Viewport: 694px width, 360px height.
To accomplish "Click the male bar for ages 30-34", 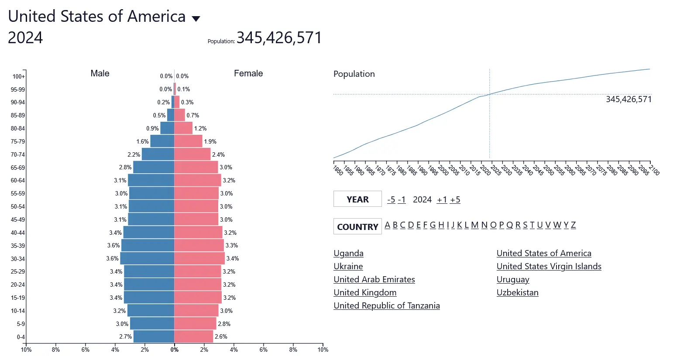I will [147, 258].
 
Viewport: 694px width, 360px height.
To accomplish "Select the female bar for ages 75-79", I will [188, 141].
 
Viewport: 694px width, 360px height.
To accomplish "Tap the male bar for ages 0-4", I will [154, 336].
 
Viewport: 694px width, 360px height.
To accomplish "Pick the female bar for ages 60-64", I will [197, 180].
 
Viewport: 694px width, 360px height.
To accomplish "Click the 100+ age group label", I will [19, 76].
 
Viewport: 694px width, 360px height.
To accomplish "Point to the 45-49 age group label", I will [18, 219].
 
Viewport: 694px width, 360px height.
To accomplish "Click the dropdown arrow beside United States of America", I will [196, 19].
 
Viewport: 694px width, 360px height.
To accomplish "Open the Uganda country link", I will [348, 253].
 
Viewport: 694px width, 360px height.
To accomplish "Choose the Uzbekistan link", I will [517, 292].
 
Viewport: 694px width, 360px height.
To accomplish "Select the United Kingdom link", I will [365, 292].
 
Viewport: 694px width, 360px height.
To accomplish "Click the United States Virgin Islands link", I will [549, 266].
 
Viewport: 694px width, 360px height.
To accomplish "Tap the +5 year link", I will [455, 199].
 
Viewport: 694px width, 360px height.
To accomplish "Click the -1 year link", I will [402, 199].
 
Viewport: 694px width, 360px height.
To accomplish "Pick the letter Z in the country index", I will [573, 225].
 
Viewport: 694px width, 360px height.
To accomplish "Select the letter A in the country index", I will [387, 225].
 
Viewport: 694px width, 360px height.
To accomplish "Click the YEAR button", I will [357, 199].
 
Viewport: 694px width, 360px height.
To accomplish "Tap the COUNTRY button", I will [357, 226].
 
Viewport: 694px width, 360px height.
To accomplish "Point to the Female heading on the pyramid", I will [248, 73].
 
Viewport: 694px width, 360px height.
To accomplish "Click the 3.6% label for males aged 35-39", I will [113, 245].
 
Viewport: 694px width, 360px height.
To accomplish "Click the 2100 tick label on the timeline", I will [654, 170].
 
